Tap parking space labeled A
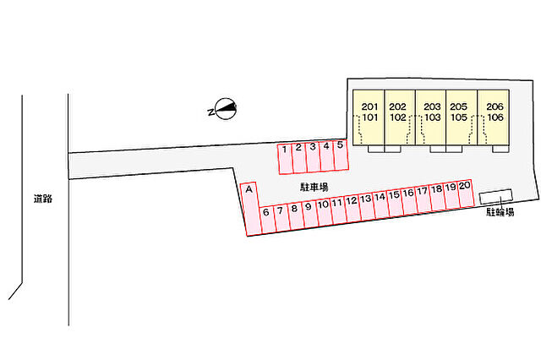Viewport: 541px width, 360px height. (x=251, y=209)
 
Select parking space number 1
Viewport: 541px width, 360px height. (x=286, y=159)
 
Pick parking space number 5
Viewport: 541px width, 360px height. (x=341, y=155)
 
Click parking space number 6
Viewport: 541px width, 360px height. (x=267, y=220)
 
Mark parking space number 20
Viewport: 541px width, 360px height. (x=466, y=194)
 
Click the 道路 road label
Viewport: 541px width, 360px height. (x=43, y=199)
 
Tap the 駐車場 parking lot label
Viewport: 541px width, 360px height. (x=314, y=188)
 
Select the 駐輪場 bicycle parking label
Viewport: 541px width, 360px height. (x=500, y=212)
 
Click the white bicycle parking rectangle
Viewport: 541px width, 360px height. (x=496, y=196)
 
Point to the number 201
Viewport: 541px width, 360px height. (x=369, y=106)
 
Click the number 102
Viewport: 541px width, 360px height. (x=398, y=117)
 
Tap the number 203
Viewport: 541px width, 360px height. (x=432, y=106)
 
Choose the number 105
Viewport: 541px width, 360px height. (x=458, y=117)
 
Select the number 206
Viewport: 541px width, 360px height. (x=495, y=106)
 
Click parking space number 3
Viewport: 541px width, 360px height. (x=314, y=157)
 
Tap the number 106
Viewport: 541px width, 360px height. (x=495, y=117)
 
